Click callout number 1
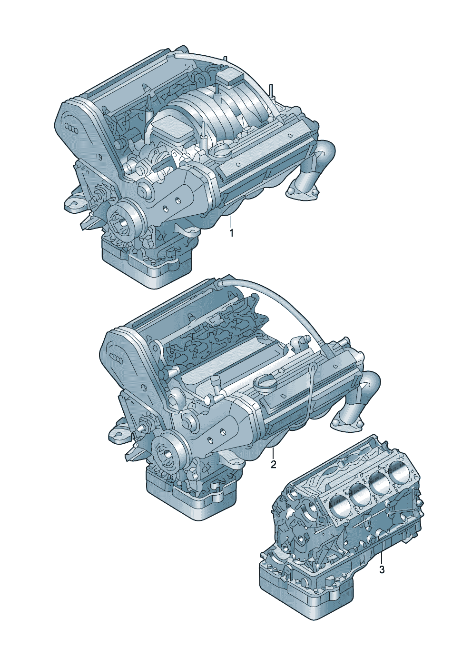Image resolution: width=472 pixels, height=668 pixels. point(231,233)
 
